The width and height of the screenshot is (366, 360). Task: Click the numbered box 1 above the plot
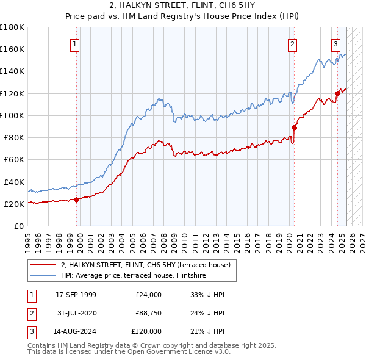74,43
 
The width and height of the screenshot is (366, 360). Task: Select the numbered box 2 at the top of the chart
293,43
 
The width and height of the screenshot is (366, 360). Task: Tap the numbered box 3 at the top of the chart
335,43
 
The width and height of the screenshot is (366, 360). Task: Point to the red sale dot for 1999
77,200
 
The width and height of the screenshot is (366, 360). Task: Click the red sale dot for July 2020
294,128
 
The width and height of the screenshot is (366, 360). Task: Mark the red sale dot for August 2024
337,93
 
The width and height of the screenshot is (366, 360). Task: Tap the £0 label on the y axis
18,226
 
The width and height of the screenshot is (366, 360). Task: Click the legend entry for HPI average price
133,276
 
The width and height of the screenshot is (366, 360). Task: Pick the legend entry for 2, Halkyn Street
145,265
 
